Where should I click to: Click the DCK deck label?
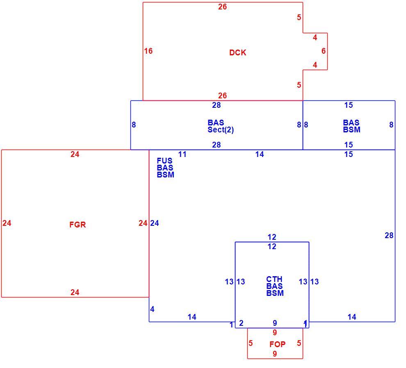[237, 52]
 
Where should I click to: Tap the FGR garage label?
[78, 225]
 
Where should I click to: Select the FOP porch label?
[277, 344]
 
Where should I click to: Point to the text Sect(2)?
[221, 129]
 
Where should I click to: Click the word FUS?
[164, 161]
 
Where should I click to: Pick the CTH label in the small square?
[274, 279]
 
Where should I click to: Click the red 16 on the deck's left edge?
[148, 51]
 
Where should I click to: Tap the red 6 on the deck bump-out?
[324, 51]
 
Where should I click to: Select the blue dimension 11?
[182, 154]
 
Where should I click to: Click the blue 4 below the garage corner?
[152, 309]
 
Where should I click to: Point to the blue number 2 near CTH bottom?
[241, 323]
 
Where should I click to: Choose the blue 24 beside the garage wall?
[155, 223]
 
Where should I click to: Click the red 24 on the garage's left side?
[7, 223]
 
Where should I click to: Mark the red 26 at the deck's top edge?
[222, 7]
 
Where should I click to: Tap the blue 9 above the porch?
[275, 323]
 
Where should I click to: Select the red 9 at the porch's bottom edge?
[275, 354]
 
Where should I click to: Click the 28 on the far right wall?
[389, 236]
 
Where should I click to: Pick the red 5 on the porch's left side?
[251, 343]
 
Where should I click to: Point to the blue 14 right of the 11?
[260, 154]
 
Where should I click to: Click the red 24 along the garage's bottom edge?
[75, 293]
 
